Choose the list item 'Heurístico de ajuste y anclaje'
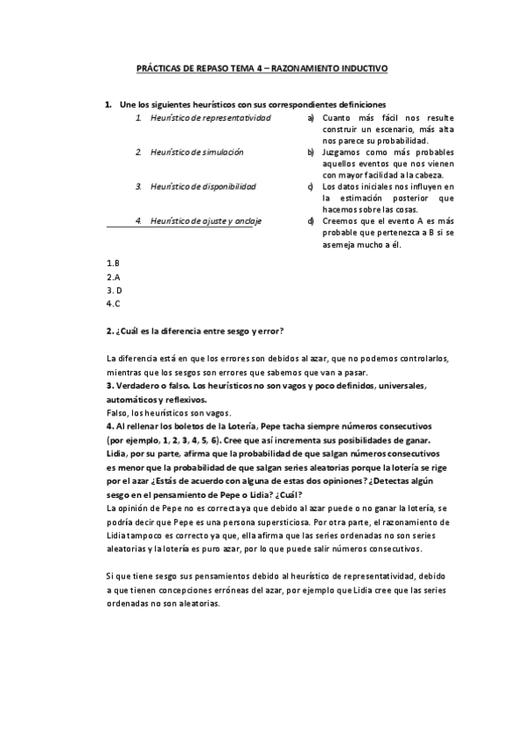206,221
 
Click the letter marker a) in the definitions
311,118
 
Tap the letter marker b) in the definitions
311,152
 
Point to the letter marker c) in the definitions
311,186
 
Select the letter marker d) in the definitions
311,221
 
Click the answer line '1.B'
113,262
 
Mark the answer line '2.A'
113,276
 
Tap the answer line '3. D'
114,290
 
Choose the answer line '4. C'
114,304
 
